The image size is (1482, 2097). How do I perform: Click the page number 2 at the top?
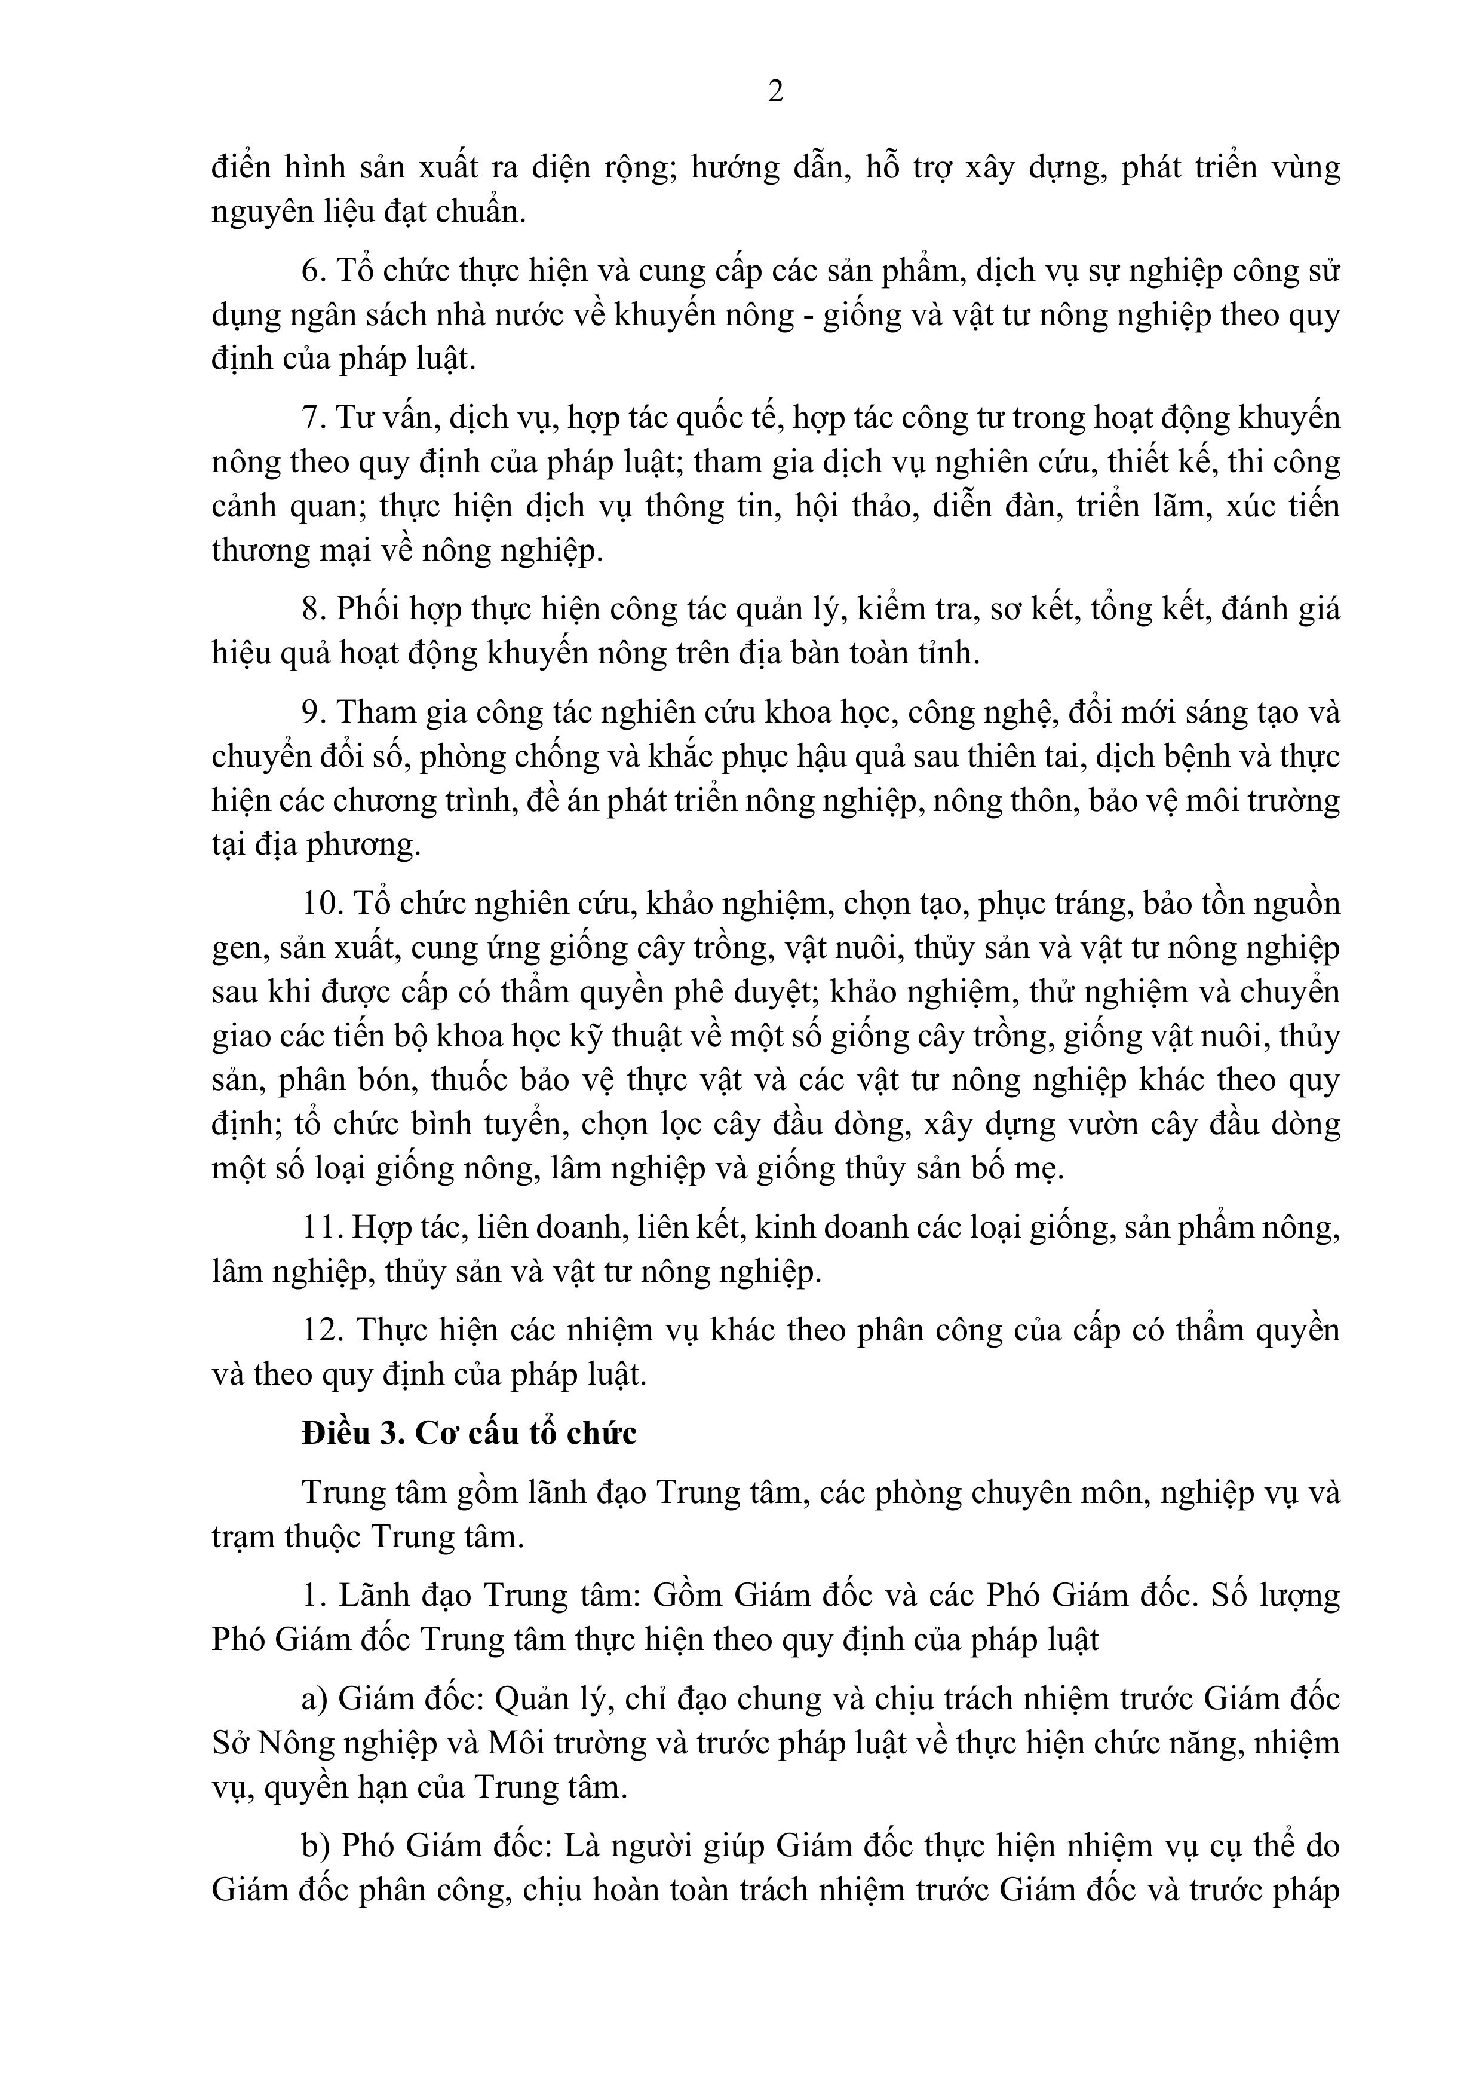(775, 91)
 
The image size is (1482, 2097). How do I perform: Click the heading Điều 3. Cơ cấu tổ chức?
(468, 1433)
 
